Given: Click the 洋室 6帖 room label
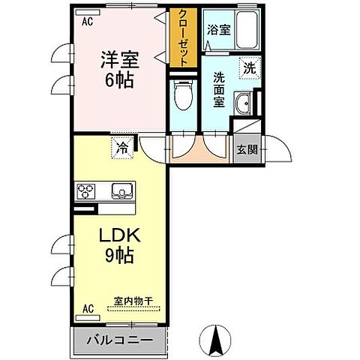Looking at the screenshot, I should pyautogui.click(x=118, y=69).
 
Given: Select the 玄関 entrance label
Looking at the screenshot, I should pyautogui.click(x=247, y=148).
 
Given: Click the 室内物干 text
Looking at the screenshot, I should pyautogui.click(x=133, y=301).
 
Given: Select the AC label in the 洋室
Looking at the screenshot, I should pyautogui.click(x=88, y=22).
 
